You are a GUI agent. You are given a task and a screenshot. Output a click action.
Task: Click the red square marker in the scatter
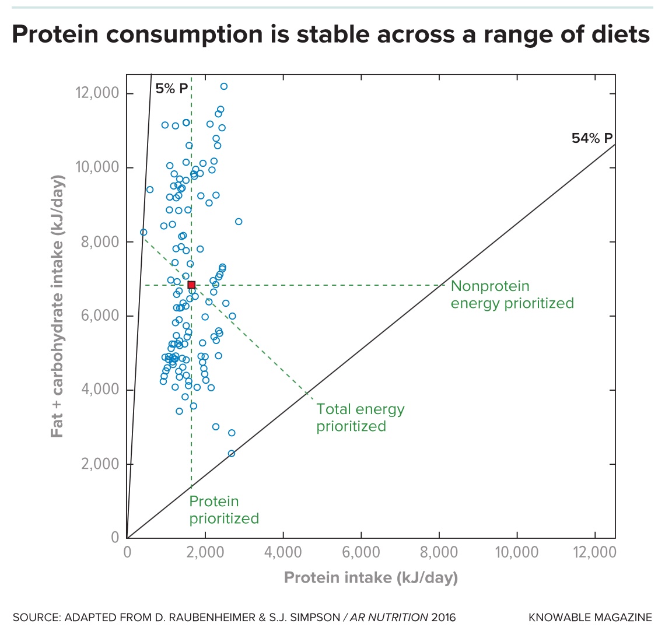click(191, 285)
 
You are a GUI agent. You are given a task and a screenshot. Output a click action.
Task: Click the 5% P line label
click(171, 89)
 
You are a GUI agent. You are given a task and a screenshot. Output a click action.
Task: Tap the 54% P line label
click(591, 138)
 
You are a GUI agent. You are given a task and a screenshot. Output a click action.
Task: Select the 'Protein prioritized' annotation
click(223, 510)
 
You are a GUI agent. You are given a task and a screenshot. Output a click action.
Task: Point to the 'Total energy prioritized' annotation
click(360, 418)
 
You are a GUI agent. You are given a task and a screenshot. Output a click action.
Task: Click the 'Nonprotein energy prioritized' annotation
click(512, 295)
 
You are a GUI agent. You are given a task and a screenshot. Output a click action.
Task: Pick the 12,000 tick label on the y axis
click(97, 93)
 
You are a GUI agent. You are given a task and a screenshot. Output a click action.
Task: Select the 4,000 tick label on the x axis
click(283, 552)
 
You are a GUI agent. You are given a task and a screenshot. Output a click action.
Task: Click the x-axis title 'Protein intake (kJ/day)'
click(370, 577)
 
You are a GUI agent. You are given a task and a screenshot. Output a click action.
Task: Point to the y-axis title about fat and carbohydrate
click(57, 306)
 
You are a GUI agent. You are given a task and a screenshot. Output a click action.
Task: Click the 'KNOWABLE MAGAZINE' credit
click(590, 618)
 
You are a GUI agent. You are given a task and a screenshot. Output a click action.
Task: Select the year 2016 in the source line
click(443, 618)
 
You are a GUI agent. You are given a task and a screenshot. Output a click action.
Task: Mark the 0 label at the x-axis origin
click(127, 552)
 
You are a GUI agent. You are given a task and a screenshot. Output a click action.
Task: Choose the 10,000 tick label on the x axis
click(516, 552)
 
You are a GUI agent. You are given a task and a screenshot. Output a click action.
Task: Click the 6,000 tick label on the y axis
click(97, 316)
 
